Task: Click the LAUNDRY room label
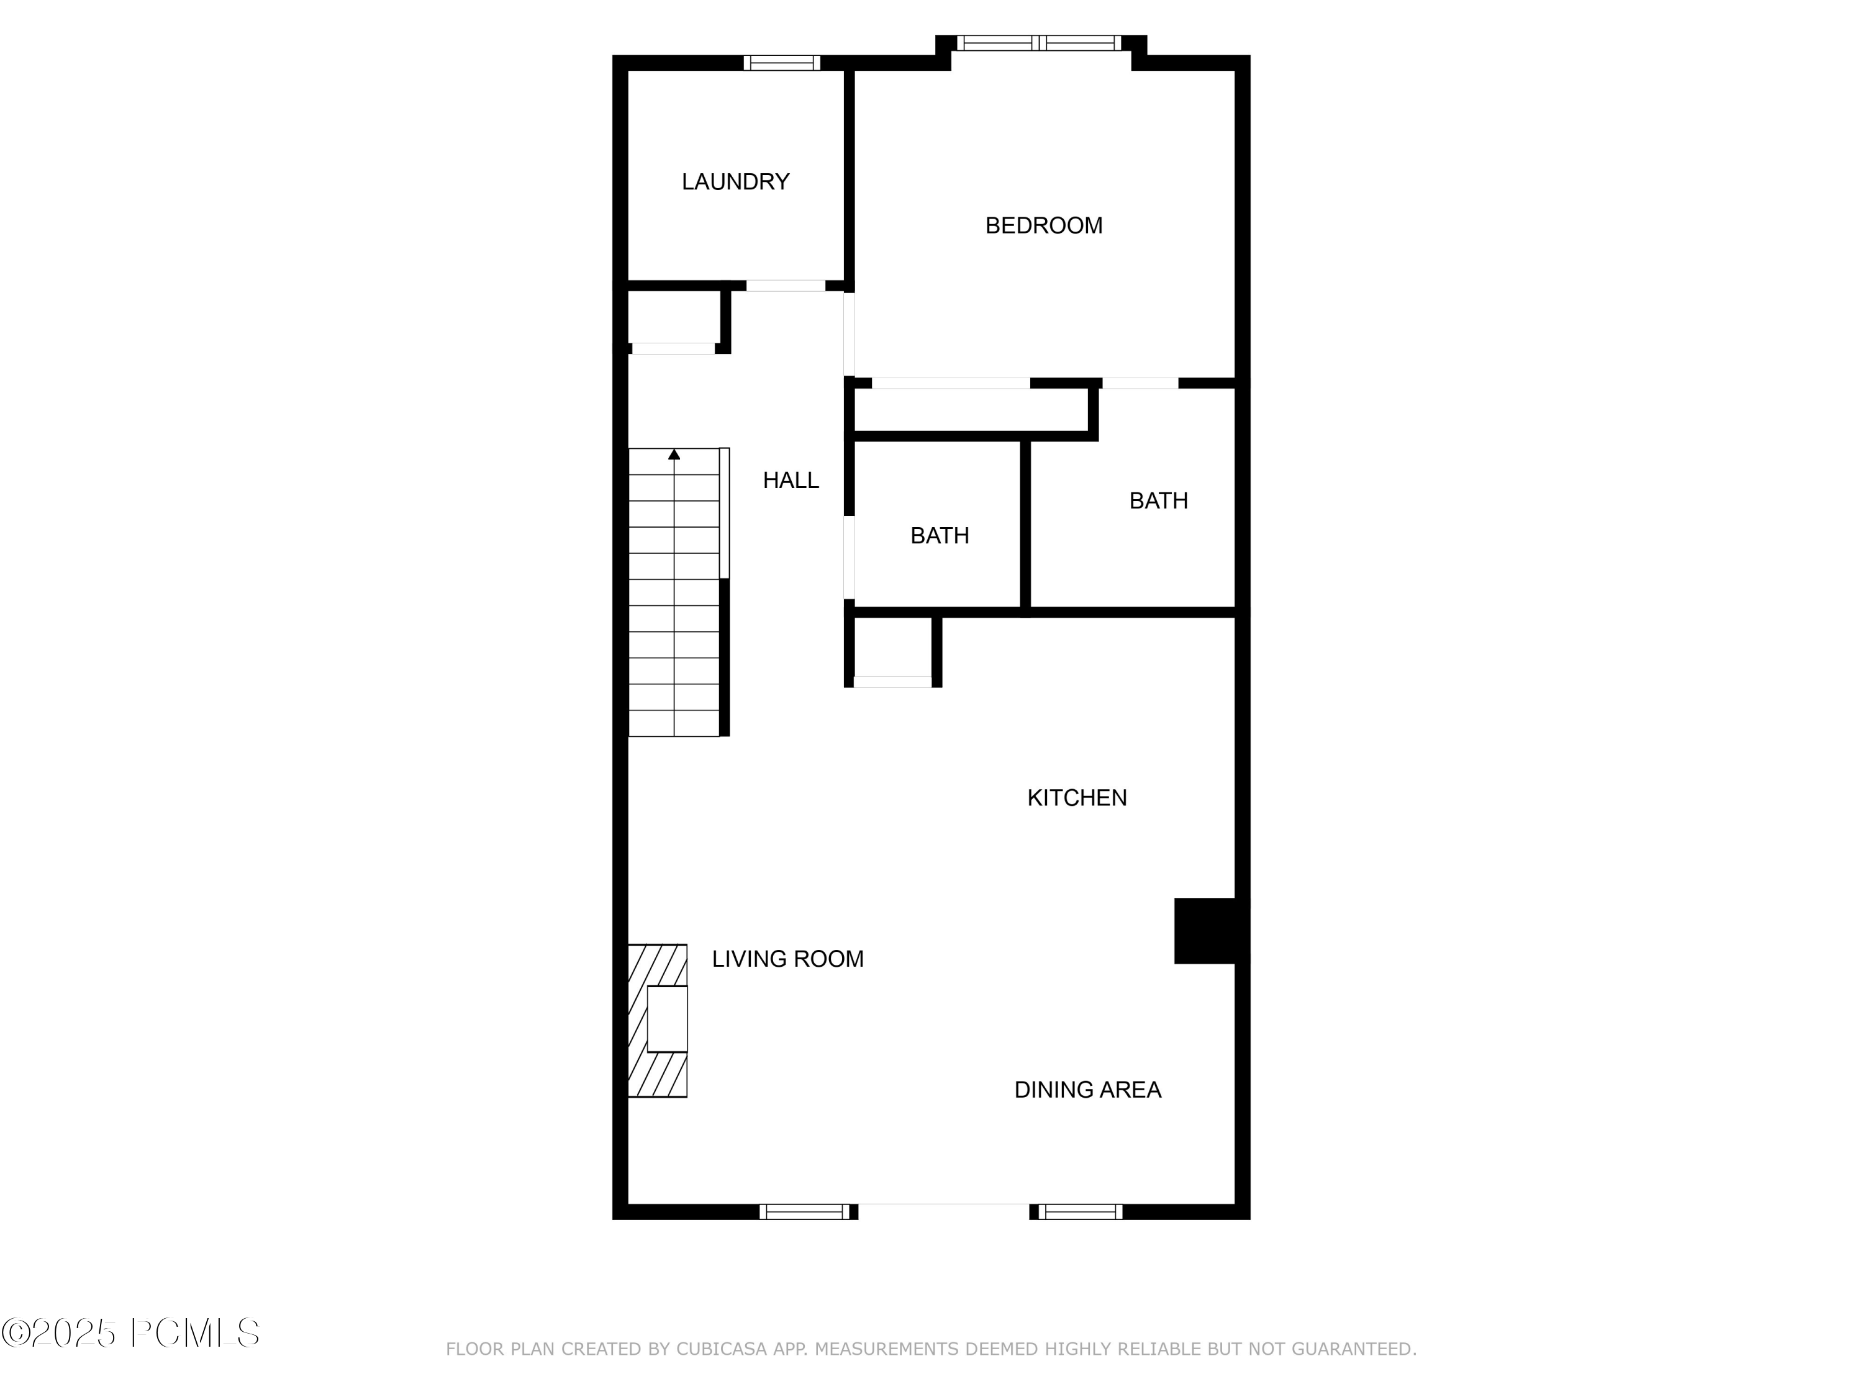coord(735,182)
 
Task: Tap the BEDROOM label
coord(1043,225)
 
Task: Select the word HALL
coord(790,480)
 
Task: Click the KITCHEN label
coord(1076,797)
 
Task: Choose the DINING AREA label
coord(1087,1090)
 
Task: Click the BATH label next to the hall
coord(939,536)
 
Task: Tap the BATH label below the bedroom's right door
coord(1158,500)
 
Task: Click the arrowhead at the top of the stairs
coord(674,454)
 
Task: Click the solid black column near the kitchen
coord(1204,931)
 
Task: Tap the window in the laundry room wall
coord(782,62)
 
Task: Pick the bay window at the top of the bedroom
coord(1040,43)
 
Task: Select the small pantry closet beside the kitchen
coord(893,648)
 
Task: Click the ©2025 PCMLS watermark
coord(130,1332)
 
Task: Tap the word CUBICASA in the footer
coord(722,1349)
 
